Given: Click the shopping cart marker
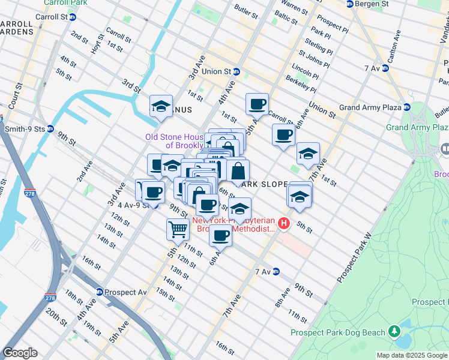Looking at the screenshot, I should pos(178,229).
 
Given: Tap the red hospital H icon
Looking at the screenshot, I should pos(284,224).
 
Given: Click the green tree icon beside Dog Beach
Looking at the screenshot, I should pos(394,331).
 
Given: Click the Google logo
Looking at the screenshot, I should pos(20,353).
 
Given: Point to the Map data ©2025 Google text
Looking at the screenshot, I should pos(412,355).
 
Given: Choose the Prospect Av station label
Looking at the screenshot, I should pos(125,292).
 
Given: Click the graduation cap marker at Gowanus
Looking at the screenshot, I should pos(161,106).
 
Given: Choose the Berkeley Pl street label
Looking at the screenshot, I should pos(301,84).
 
